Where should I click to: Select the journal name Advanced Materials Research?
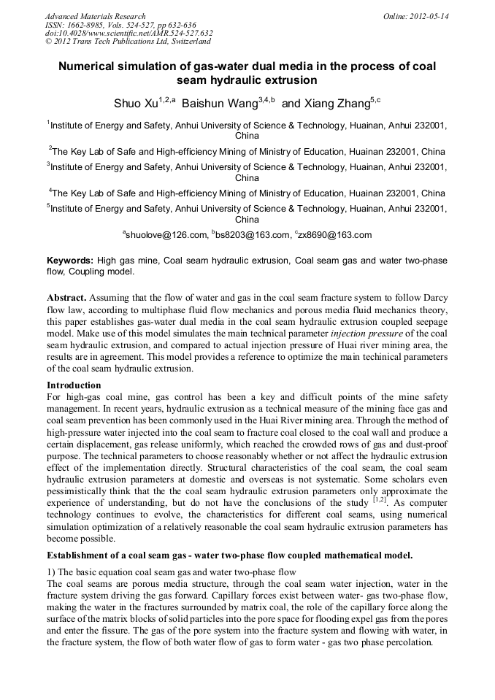(x=95, y=16)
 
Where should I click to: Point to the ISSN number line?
(x=120, y=25)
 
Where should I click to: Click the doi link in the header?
(x=128, y=34)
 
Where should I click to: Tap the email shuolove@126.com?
(x=166, y=235)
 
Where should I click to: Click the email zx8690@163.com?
(x=334, y=235)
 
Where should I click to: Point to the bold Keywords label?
(x=70, y=261)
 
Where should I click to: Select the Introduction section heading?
(x=74, y=385)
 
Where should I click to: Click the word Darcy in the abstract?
(x=432, y=299)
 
